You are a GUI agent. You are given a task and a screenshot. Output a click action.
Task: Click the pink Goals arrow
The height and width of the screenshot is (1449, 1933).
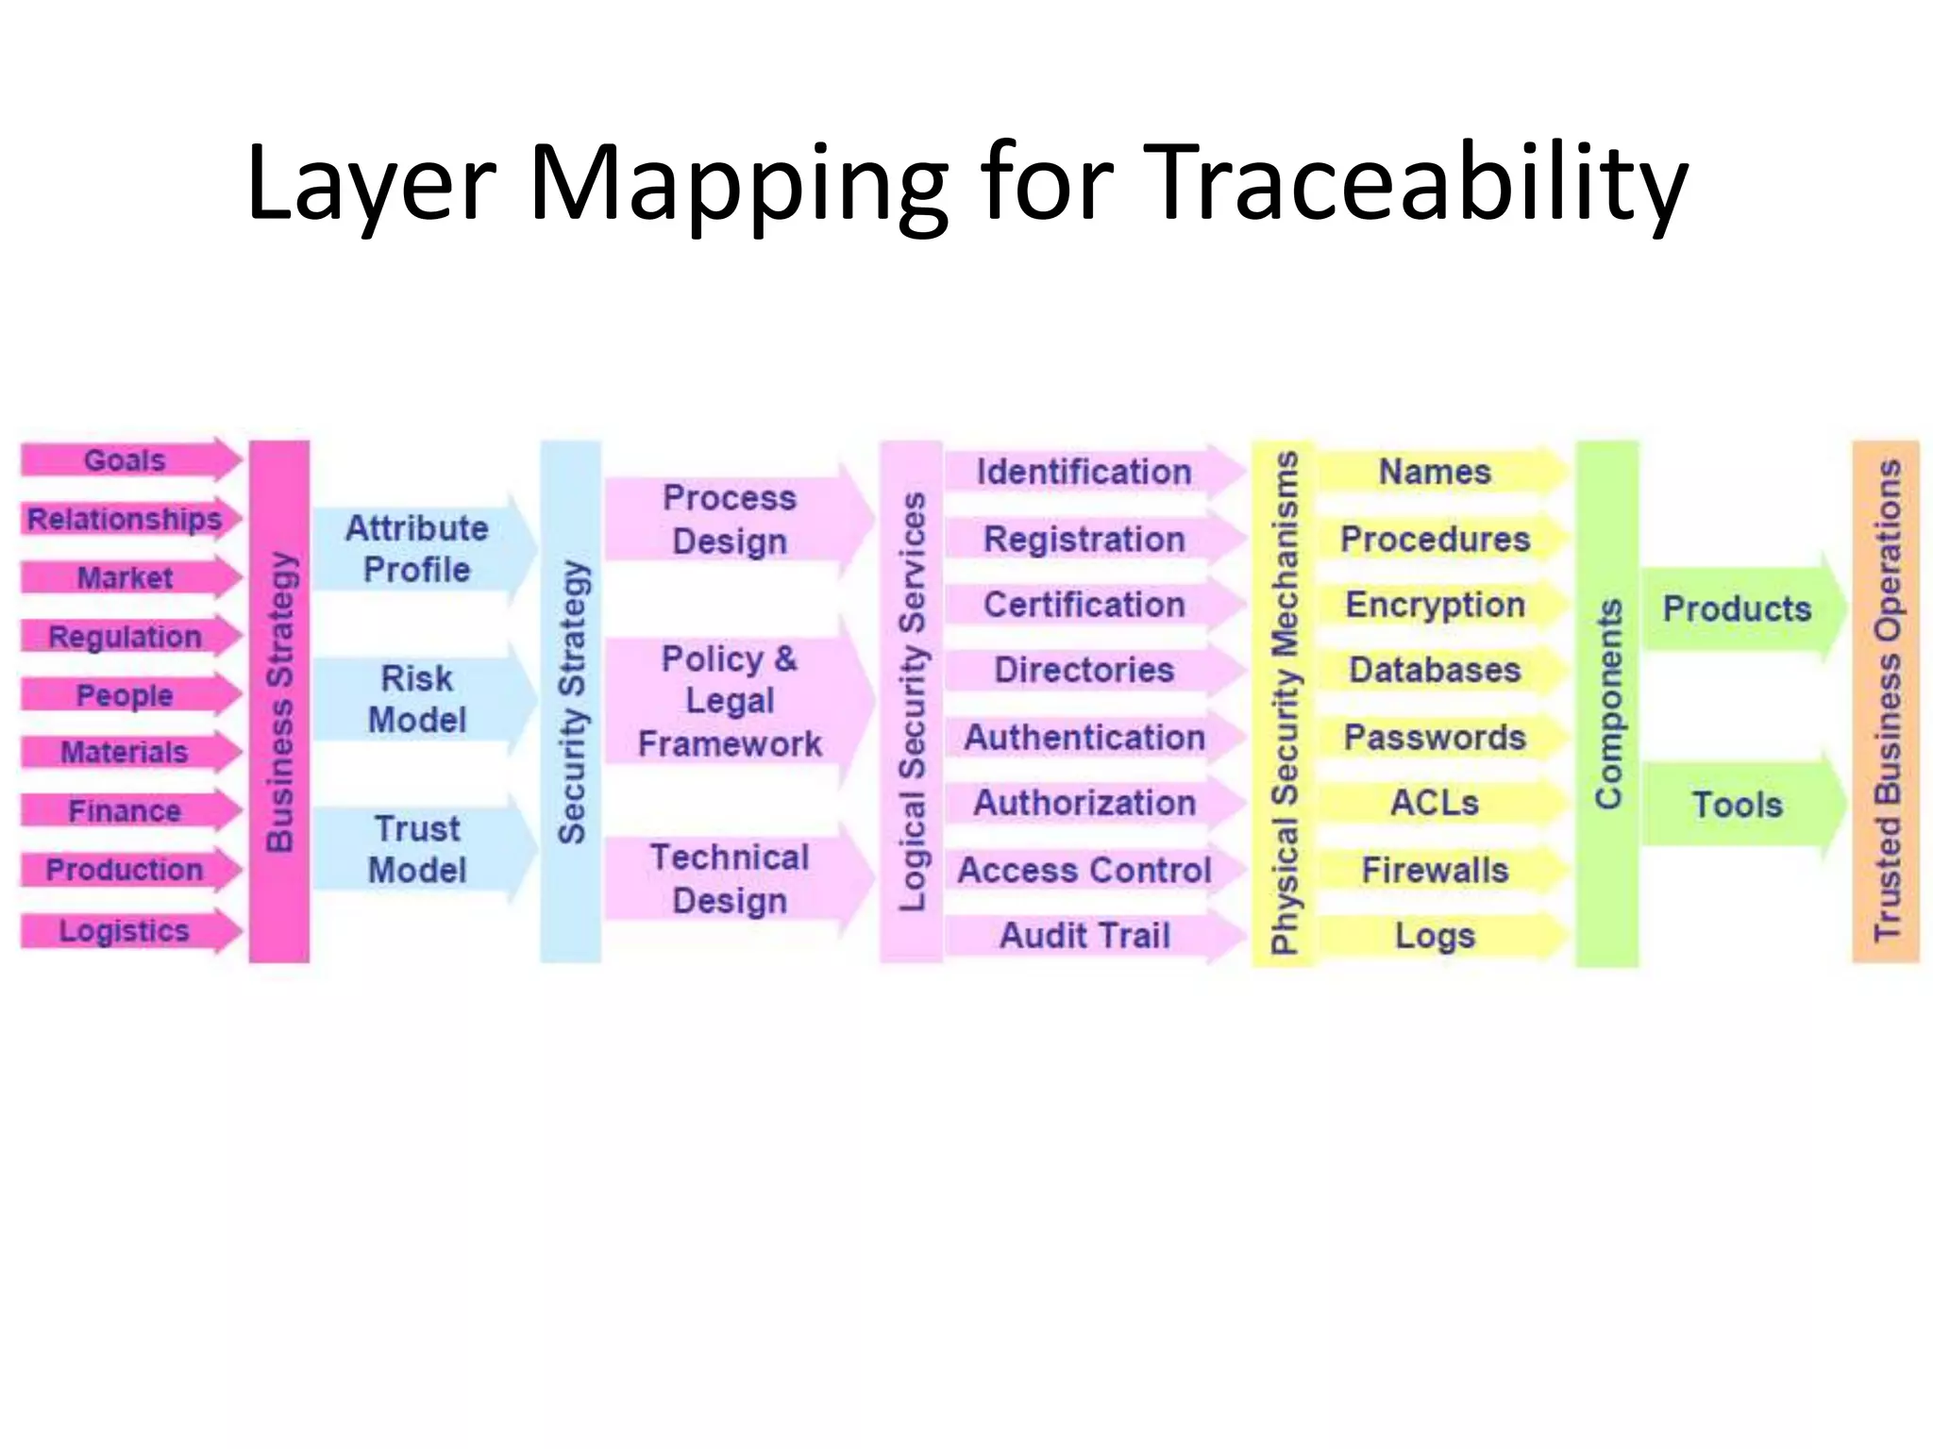[x=126, y=460]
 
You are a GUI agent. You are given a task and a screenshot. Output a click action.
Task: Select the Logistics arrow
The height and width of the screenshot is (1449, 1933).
[x=126, y=931]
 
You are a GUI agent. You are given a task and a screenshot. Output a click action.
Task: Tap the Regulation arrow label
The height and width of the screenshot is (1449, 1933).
[x=126, y=637]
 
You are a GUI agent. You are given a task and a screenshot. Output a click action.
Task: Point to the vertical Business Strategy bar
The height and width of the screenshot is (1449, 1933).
[x=279, y=701]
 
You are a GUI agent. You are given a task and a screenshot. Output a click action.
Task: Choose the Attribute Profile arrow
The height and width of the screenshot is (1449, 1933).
[x=417, y=549]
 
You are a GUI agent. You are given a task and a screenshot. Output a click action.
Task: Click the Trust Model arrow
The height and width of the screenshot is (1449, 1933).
[x=417, y=849]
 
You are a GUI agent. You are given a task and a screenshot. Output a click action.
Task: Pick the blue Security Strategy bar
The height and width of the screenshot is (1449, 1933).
[x=571, y=701]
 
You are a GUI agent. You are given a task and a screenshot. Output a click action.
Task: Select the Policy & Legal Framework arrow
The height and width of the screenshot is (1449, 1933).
[x=730, y=701]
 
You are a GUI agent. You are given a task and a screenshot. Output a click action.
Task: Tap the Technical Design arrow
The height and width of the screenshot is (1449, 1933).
[x=730, y=878]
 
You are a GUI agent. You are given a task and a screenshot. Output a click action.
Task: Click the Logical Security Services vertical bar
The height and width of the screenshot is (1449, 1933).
[x=911, y=701]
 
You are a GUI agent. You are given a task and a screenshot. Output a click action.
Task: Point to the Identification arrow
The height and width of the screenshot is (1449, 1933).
[x=1084, y=472]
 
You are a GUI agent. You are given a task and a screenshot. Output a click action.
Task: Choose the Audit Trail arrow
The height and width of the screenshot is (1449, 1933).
[x=1084, y=936]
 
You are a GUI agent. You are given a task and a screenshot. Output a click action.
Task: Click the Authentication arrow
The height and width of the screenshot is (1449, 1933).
[x=1084, y=738]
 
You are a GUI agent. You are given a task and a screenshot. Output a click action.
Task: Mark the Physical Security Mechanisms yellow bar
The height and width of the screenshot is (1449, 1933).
[x=1283, y=701]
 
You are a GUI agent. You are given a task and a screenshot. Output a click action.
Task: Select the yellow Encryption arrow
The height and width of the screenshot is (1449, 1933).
[x=1435, y=605]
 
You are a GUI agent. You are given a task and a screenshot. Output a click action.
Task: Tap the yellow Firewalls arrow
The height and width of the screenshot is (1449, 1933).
[x=1435, y=870]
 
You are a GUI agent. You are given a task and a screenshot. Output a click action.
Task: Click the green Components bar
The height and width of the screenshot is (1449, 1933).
[x=1607, y=703]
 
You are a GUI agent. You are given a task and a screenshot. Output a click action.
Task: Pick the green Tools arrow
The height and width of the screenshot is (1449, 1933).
[x=1737, y=805]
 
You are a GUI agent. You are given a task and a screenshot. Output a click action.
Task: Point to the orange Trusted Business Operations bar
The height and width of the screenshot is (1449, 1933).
[x=1886, y=701]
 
